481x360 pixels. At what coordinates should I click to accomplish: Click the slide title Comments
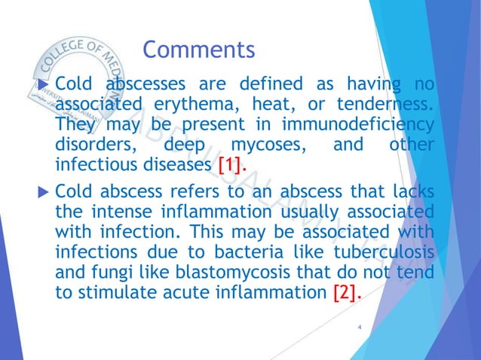[199, 50]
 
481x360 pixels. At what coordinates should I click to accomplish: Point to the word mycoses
[256, 143]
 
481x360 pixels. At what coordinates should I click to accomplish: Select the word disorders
[95, 143]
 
